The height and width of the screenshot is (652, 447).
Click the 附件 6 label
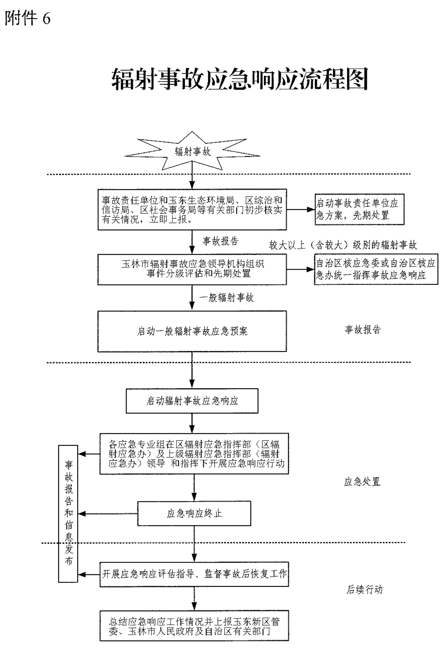coord(27,18)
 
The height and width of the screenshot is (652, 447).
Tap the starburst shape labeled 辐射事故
coord(192,151)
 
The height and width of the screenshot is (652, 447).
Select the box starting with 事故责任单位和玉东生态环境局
coord(192,210)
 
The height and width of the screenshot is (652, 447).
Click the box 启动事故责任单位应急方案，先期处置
coord(359,209)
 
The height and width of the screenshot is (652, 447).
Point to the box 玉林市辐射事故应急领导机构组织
coord(192,269)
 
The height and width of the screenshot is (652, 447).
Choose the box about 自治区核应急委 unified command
coord(376,269)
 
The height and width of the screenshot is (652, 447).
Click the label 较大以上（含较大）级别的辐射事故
coord(343,245)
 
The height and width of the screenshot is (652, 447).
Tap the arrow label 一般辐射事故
coord(226,298)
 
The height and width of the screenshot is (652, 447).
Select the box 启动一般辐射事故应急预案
coord(192,331)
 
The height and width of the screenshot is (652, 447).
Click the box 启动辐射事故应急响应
coord(192,401)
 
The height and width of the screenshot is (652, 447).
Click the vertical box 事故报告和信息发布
coord(68,513)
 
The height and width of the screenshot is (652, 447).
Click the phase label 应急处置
coord(362,482)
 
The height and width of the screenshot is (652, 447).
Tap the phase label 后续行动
coord(364,590)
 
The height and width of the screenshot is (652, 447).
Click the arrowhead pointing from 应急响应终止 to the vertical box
coord(81,514)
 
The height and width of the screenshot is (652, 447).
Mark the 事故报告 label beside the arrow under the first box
coord(221,241)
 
